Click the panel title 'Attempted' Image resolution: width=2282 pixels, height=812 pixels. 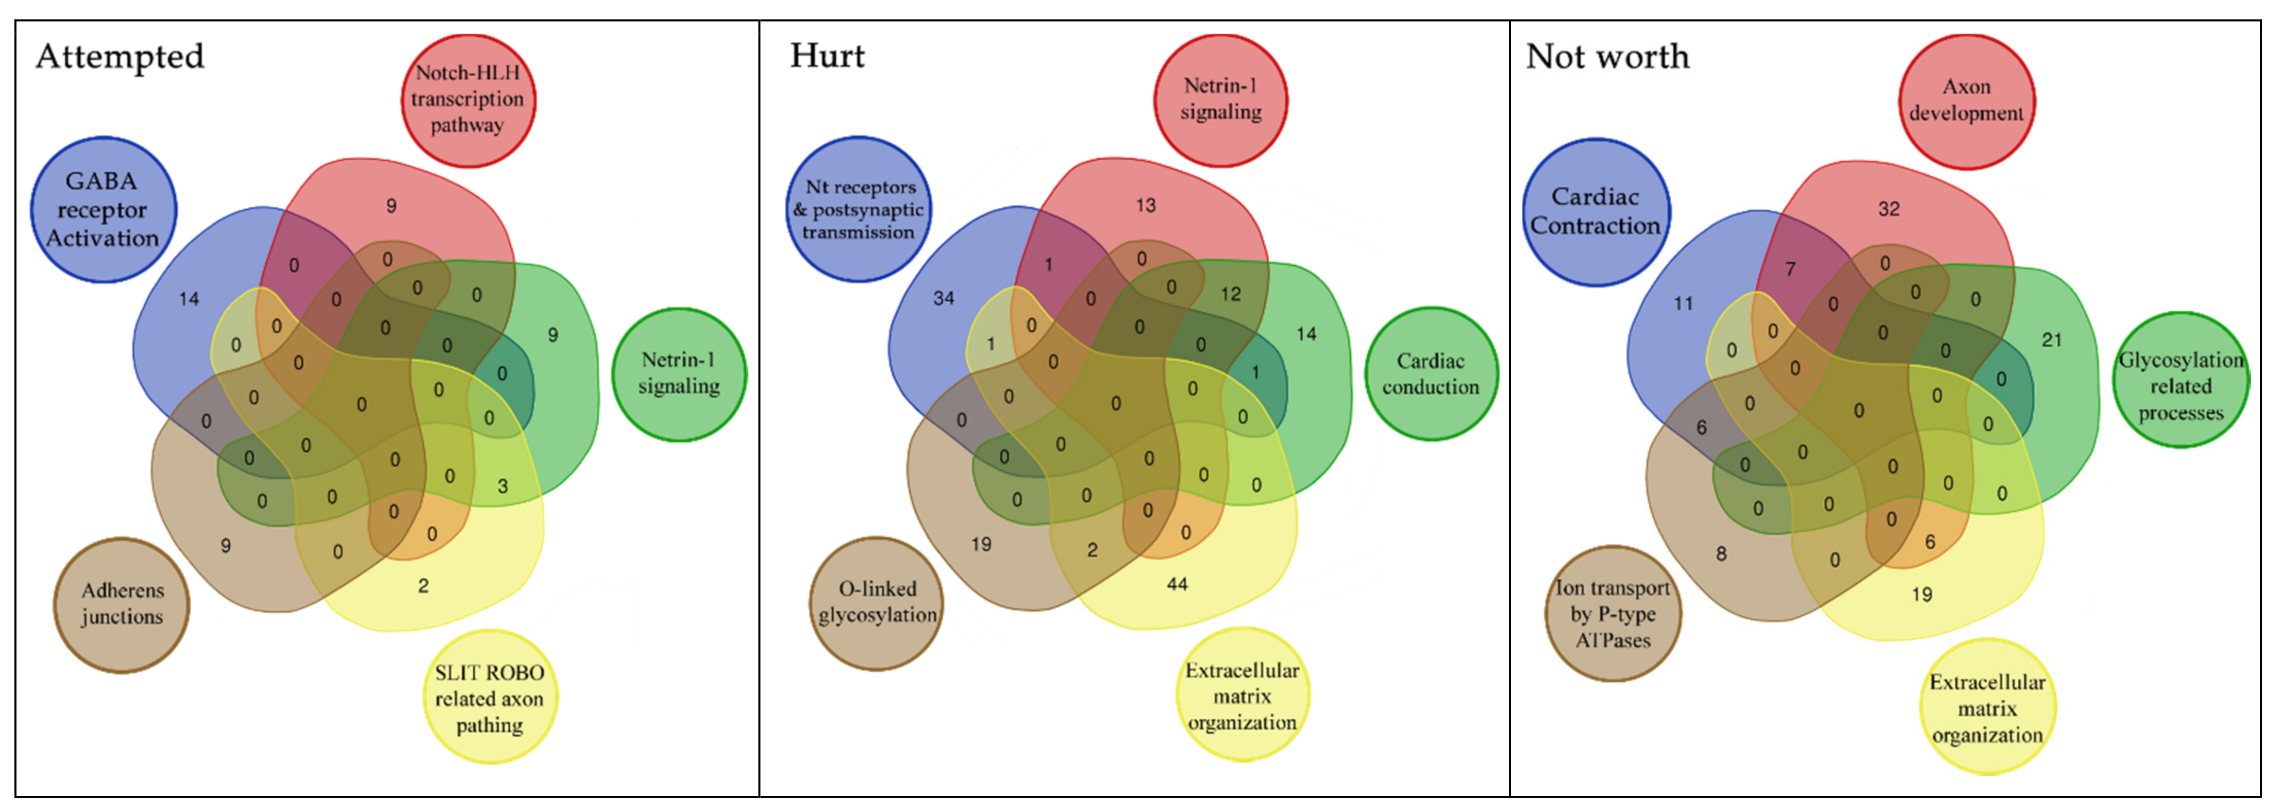coord(120,57)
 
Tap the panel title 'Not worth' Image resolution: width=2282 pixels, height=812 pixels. coord(1607,57)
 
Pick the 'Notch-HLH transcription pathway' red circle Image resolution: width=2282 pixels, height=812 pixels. coord(468,99)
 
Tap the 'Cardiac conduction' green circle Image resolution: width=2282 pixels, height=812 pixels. coord(1431,374)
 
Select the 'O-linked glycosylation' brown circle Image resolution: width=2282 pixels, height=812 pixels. coord(876,602)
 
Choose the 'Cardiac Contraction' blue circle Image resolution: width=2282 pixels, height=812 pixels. coord(1596,212)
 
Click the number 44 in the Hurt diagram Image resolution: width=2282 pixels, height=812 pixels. coord(1177,584)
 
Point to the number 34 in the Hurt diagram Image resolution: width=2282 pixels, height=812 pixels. coord(944,298)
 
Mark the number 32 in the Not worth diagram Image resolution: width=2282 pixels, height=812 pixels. coord(1889,209)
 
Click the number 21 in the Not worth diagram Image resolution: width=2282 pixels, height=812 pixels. coord(2052,340)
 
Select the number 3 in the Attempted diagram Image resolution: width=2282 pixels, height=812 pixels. coord(502,486)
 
